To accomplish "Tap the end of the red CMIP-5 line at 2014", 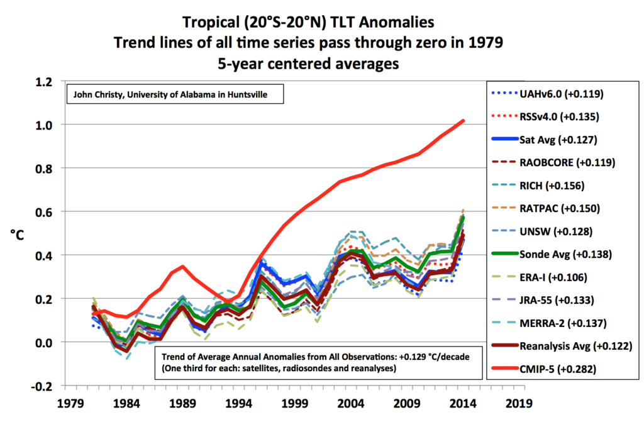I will coord(464,120).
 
